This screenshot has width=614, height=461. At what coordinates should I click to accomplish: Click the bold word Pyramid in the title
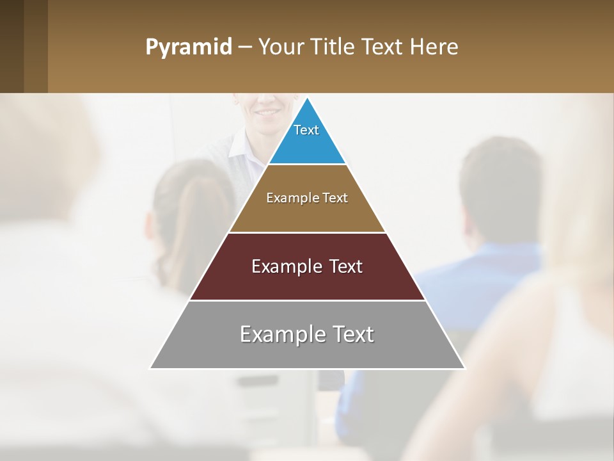tap(189, 47)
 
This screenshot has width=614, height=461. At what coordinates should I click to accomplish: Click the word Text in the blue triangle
tap(306, 130)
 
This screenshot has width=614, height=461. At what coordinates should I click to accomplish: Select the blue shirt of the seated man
tap(486, 282)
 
